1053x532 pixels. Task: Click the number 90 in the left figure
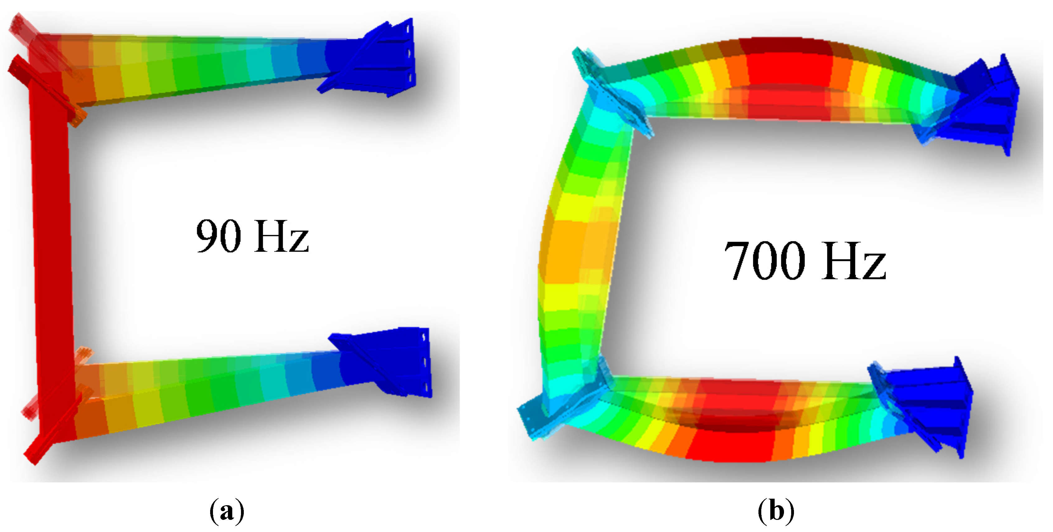click(218, 236)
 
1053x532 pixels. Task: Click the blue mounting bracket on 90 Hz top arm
click(368, 57)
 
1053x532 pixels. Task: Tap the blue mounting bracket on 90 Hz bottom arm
click(382, 362)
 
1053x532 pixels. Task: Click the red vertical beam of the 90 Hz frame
click(51, 245)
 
